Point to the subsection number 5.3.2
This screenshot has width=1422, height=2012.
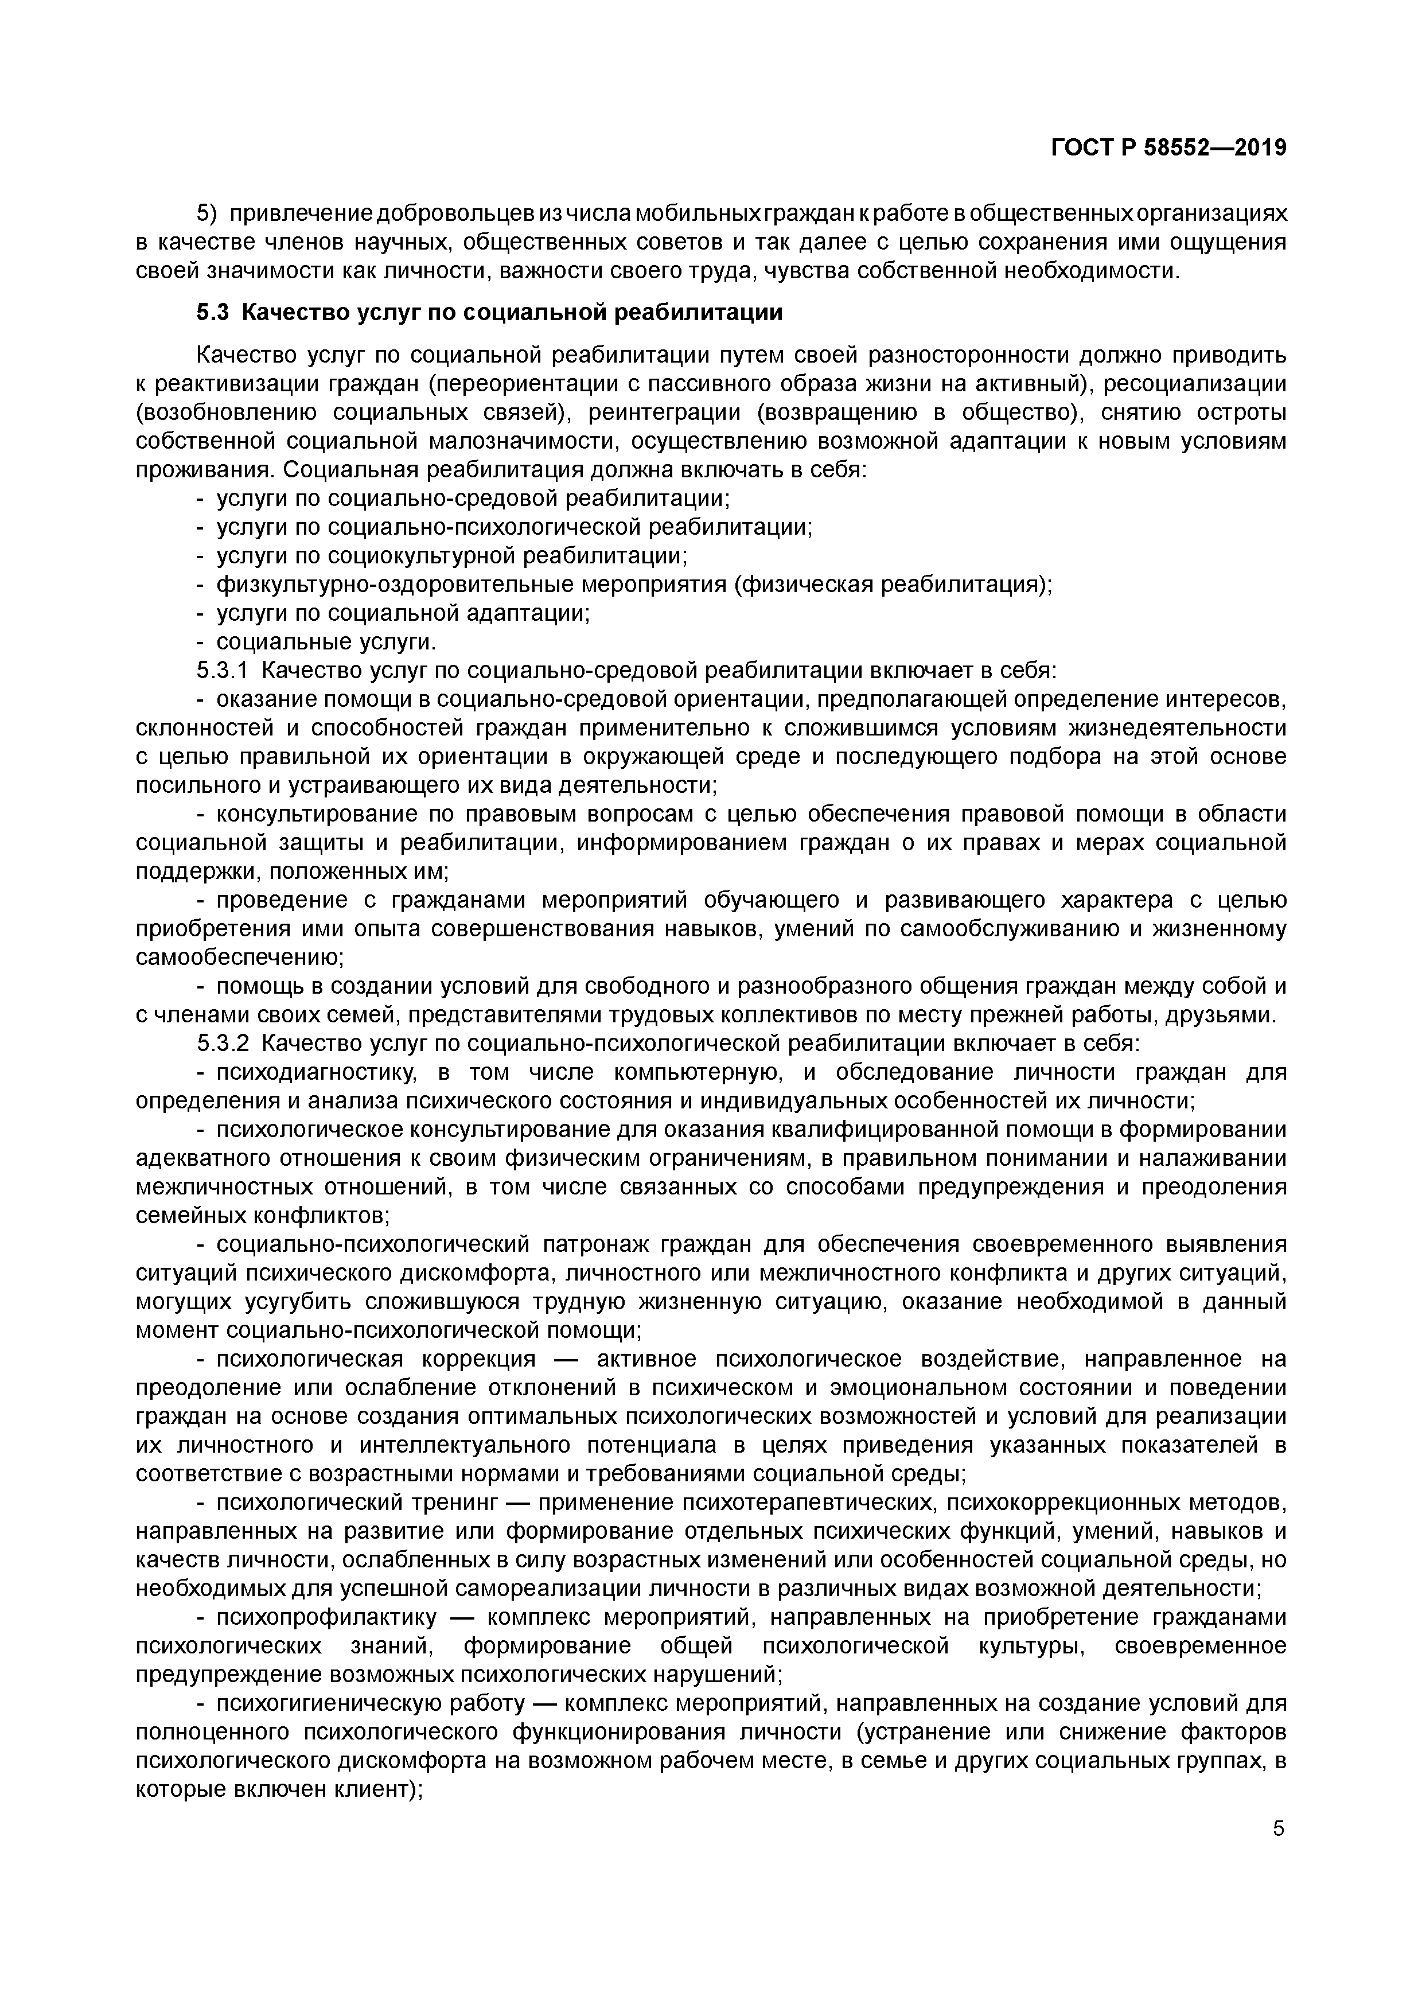point(223,1044)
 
